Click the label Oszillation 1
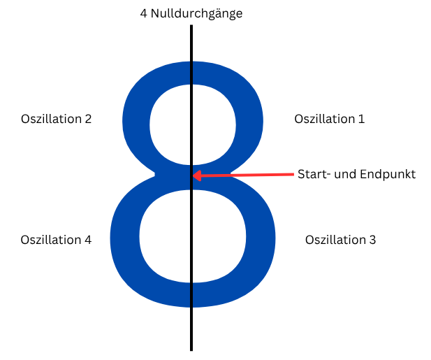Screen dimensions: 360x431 329,119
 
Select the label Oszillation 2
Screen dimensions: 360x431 56,119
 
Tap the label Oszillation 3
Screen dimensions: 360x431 340,240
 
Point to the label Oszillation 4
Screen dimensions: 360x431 56,240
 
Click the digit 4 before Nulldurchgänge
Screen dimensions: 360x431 144,13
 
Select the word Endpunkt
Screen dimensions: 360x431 388,174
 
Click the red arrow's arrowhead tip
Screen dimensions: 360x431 193,176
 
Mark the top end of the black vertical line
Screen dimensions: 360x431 191,27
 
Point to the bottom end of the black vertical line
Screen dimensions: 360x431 191,349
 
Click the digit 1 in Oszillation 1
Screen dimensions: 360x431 361,119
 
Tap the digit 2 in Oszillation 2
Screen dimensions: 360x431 88,119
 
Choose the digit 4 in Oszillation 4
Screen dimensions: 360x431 88,240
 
